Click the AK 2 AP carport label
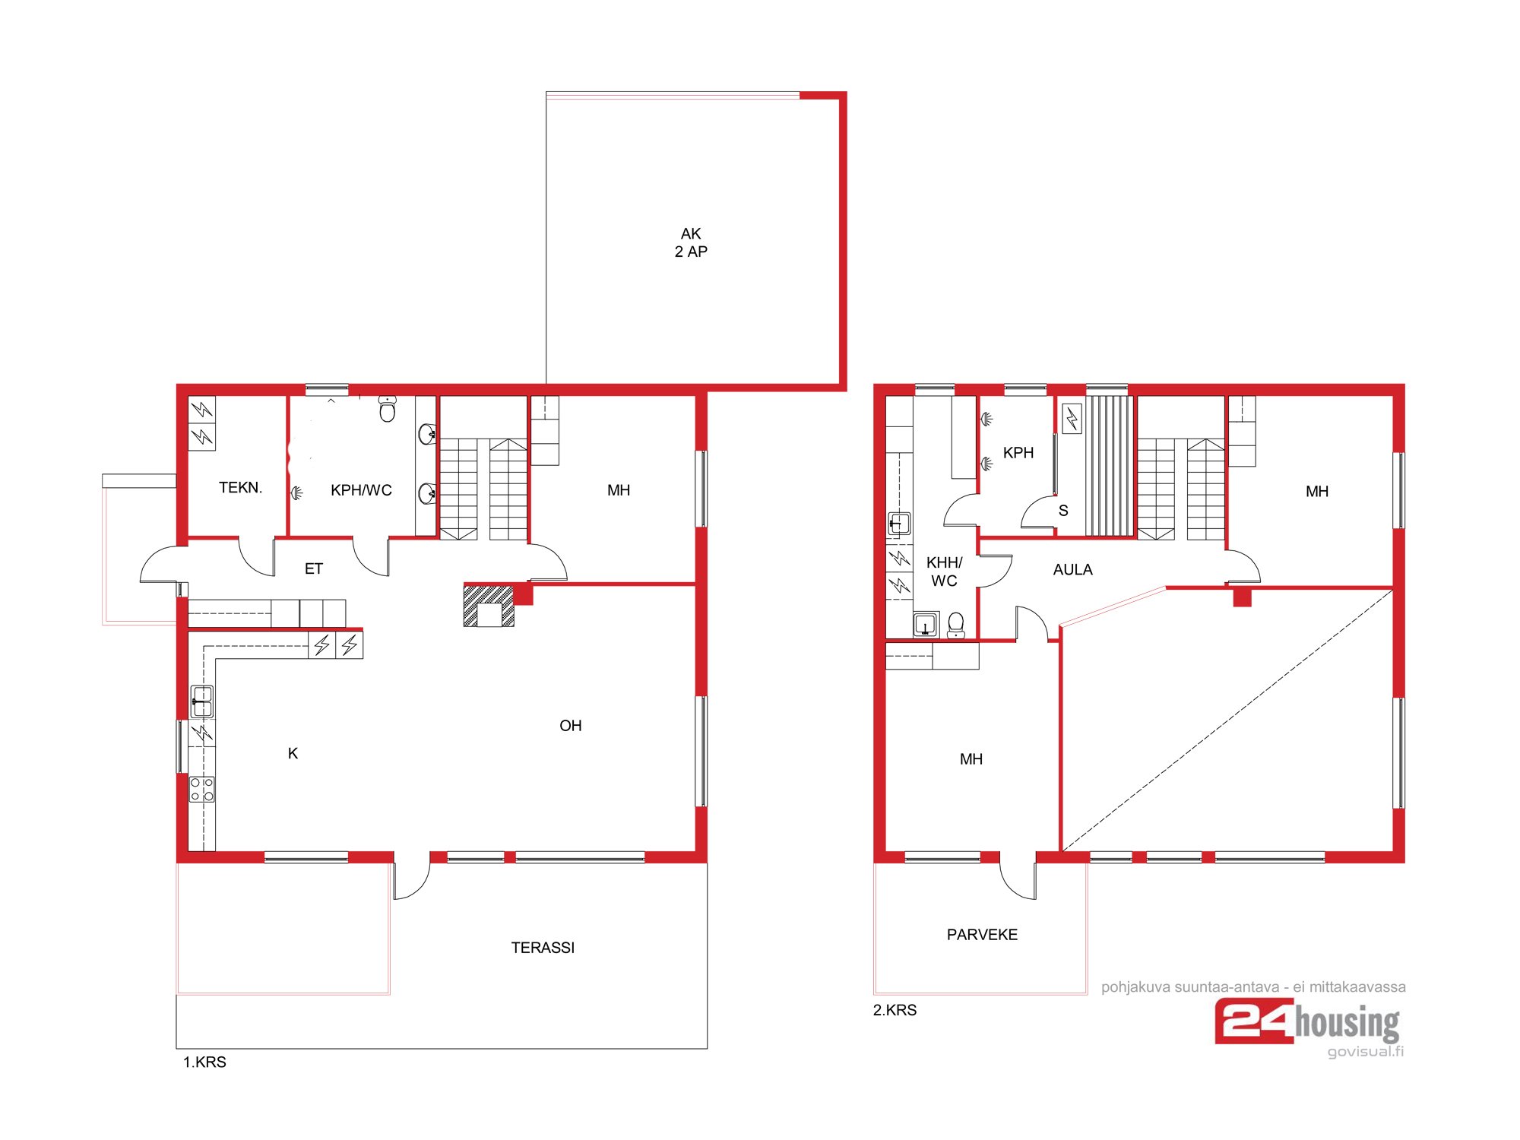(x=691, y=242)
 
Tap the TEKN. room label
(x=240, y=488)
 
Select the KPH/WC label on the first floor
(x=361, y=491)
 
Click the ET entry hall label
(x=314, y=568)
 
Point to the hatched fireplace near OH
(x=489, y=606)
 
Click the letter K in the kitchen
(x=293, y=753)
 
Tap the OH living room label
(x=571, y=726)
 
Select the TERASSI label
(x=543, y=948)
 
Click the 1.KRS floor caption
(x=204, y=1062)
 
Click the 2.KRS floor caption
(x=895, y=1010)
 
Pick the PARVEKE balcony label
(x=982, y=935)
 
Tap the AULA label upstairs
(x=1072, y=570)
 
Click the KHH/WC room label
(x=944, y=572)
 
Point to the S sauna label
(x=1063, y=511)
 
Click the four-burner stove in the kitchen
(x=202, y=789)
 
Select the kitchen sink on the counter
(x=201, y=701)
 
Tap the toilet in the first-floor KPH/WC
(x=388, y=409)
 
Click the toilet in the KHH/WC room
(x=956, y=625)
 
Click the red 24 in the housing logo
(x=1255, y=1021)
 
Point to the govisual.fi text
(x=1366, y=1052)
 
